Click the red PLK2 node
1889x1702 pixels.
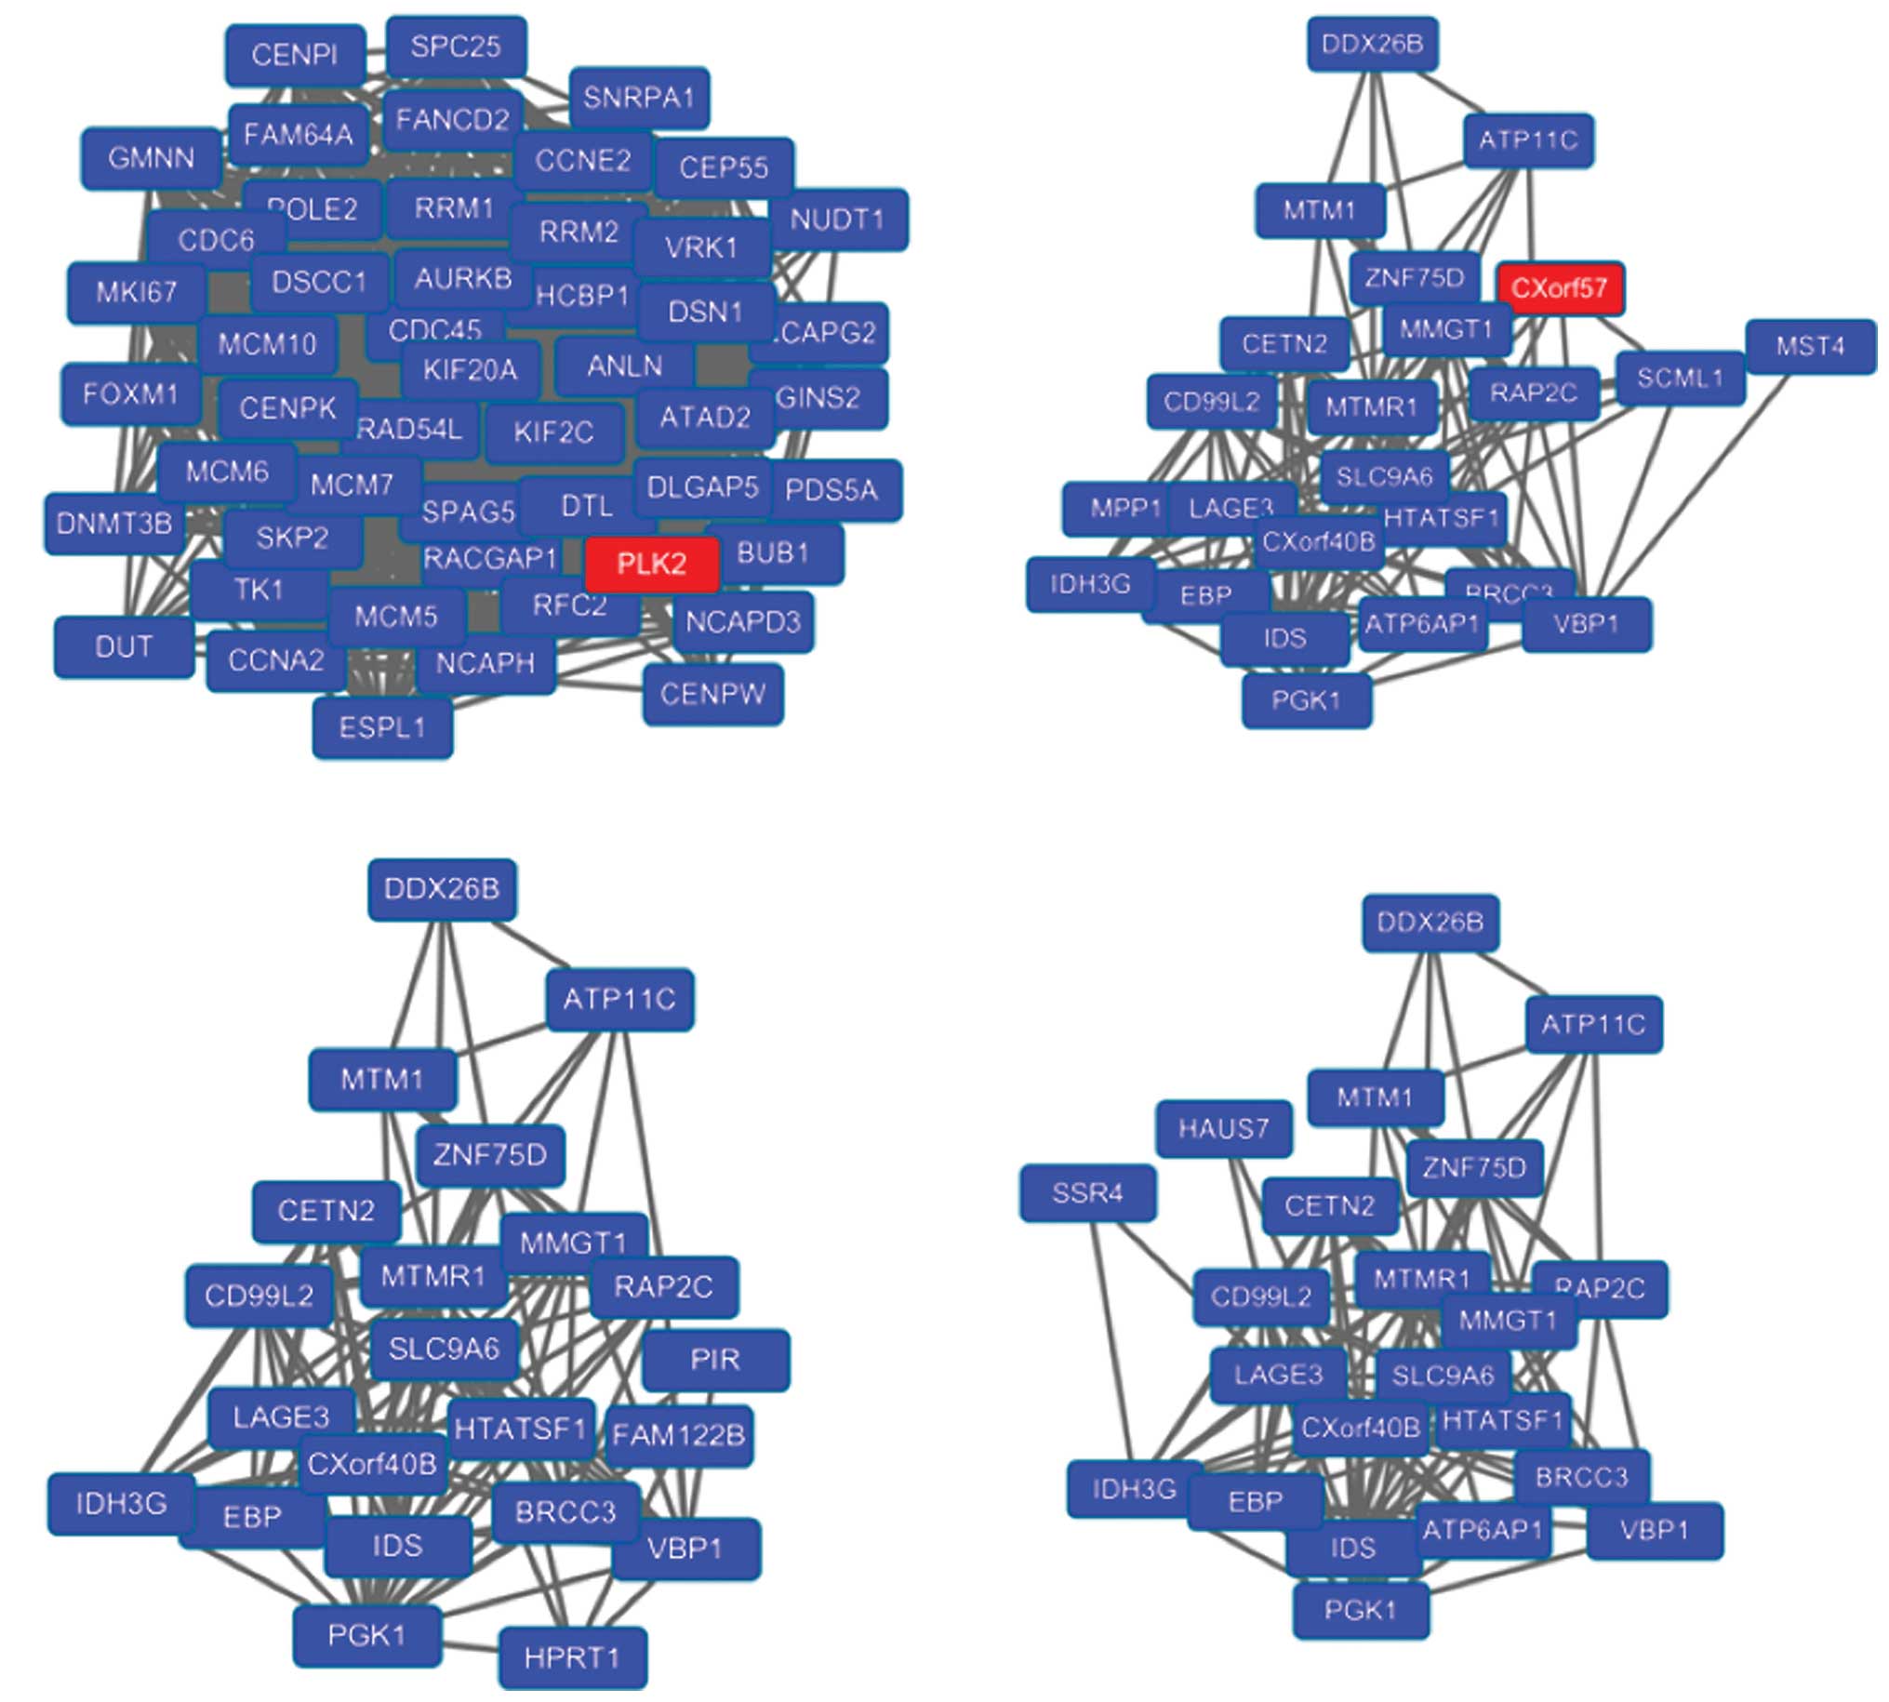[x=652, y=564]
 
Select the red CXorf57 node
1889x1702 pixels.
[x=1559, y=288]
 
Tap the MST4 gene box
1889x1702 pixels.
[x=1810, y=347]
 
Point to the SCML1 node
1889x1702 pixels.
[x=1680, y=379]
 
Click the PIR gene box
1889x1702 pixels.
[x=715, y=1360]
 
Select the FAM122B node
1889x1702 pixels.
[x=678, y=1435]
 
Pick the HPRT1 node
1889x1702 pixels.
[x=571, y=1658]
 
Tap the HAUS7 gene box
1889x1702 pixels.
[x=1223, y=1129]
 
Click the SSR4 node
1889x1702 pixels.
[x=1086, y=1193]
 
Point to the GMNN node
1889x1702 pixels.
[x=151, y=158]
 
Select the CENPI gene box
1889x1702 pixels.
[x=294, y=55]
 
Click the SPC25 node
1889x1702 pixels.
[x=456, y=47]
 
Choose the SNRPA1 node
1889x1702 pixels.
[x=639, y=98]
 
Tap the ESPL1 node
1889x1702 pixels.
[x=381, y=726]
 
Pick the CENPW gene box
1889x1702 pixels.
[x=712, y=694]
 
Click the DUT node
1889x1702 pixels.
[x=124, y=646]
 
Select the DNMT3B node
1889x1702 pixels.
[x=113, y=524]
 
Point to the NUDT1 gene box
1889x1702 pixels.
[x=837, y=219]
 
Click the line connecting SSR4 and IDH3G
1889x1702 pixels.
[x=1111, y=1337]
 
